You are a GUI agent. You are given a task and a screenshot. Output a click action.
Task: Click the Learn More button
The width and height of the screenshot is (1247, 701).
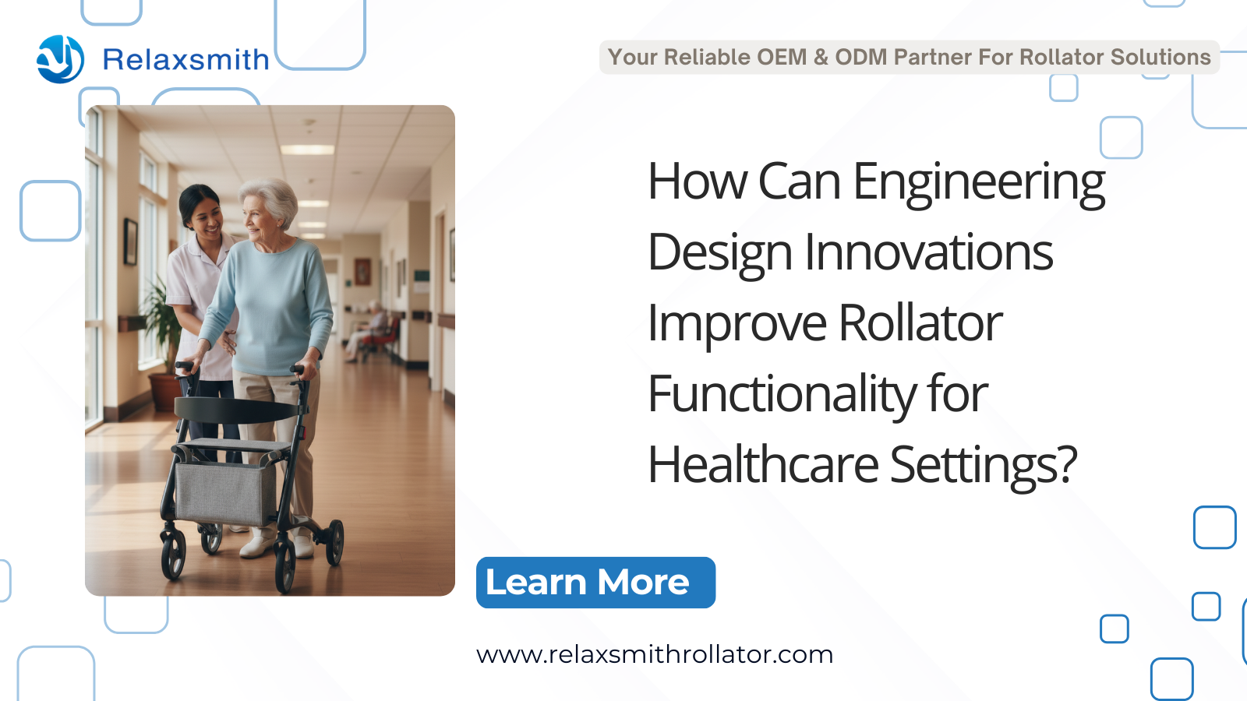pyautogui.click(x=595, y=583)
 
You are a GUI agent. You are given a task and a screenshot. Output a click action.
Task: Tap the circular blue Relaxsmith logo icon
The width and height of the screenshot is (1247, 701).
pyautogui.click(x=60, y=59)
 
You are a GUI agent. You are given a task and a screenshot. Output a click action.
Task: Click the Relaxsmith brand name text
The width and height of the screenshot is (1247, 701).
pyautogui.click(x=186, y=59)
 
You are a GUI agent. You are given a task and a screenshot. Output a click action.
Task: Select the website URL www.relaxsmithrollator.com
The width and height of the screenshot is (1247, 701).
pyautogui.click(x=655, y=654)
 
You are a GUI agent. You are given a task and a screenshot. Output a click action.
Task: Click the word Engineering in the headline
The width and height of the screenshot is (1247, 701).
pyautogui.click(x=979, y=183)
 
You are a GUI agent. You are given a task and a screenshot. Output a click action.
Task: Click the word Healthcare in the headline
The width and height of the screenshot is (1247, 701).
pyautogui.click(x=763, y=464)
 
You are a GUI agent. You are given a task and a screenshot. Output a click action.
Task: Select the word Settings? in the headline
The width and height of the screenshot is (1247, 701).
pyautogui.click(x=984, y=467)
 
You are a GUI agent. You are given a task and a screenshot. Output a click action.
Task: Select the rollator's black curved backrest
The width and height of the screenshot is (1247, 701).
pyautogui.click(x=237, y=410)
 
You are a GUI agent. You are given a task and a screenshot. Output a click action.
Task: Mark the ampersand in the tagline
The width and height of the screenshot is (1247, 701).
pyautogui.click(x=821, y=58)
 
